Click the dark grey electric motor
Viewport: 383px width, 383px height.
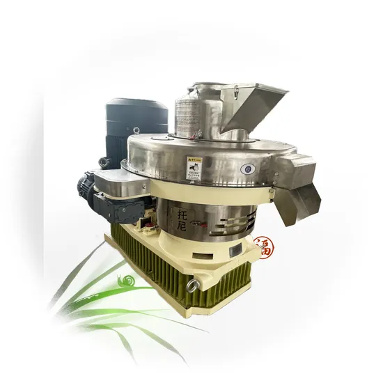pos(136,125)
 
